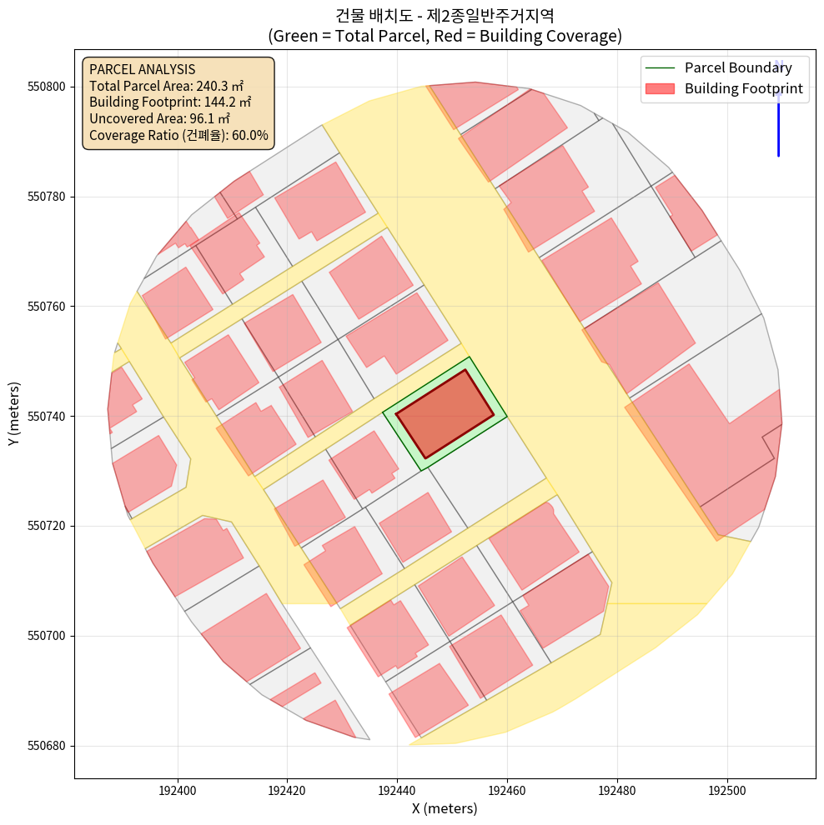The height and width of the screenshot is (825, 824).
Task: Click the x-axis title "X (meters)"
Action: pyautogui.click(x=445, y=808)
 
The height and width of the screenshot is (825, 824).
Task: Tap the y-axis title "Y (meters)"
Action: pyautogui.click(x=14, y=414)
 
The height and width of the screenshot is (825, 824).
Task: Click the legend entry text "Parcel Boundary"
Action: pyautogui.click(x=738, y=67)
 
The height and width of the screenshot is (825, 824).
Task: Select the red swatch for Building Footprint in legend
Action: pyautogui.click(x=660, y=88)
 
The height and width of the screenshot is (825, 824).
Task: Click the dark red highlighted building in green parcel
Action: pyautogui.click(x=444, y=413)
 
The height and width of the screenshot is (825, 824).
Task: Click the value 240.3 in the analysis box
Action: pyautogui.click(x=212, y=86)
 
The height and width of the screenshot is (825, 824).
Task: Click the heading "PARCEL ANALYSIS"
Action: pyautogui.click(x=142, y=69)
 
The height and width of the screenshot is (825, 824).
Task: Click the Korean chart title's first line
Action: pyautogui.click(x=445, y=16)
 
